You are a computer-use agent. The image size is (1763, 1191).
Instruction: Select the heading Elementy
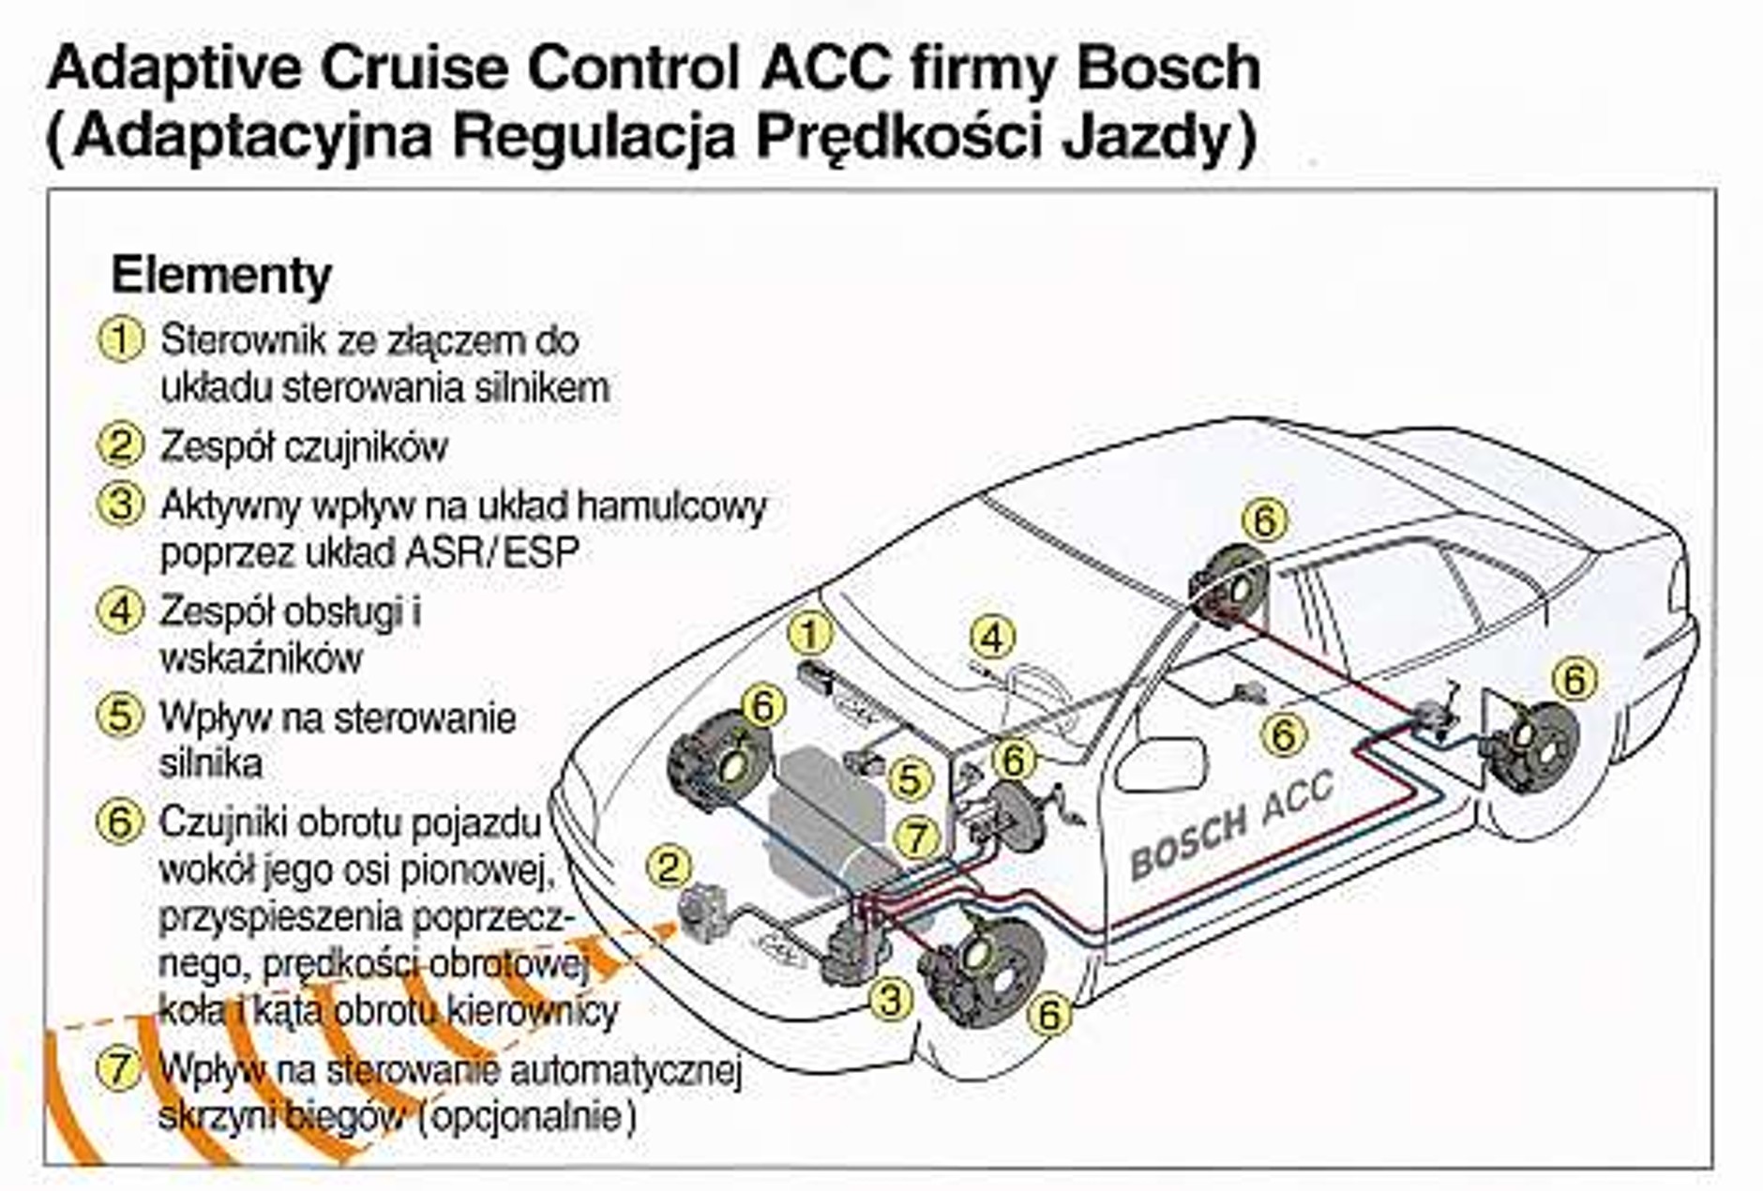tap(221, 276)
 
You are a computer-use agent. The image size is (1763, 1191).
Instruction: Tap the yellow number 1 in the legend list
tap(121, 339)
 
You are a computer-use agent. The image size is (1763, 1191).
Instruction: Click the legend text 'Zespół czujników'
tap(304, 447)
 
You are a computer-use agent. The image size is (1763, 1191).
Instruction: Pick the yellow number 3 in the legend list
tap(121, 505)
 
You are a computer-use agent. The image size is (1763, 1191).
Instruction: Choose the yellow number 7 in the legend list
tap(120, 1069)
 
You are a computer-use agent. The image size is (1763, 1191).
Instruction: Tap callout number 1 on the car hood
tap(810, 635)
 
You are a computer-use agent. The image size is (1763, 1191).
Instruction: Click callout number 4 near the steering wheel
tap(992, 639)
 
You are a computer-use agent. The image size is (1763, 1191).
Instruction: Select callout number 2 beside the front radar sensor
tap(669, 867)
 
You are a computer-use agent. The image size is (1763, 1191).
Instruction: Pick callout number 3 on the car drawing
tap(890, 1000)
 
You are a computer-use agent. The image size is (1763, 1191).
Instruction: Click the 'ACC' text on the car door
tap(1298, 798)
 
